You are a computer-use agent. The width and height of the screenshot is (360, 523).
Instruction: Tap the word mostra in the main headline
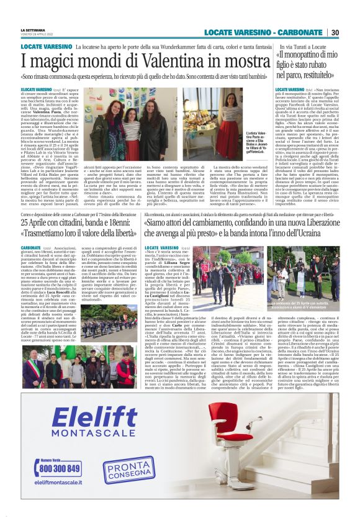(x=227, y=61)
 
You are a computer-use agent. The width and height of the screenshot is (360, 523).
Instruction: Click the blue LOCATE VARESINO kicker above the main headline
(x=45, y=47)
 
